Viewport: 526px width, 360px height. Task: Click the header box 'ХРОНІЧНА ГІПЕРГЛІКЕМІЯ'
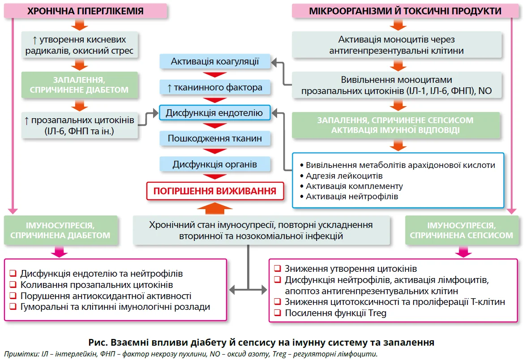coord(85,11)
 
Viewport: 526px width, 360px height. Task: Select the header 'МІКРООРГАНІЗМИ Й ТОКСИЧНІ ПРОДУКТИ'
coord(405,11)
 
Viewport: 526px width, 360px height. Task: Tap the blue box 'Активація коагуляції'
coord(215,61)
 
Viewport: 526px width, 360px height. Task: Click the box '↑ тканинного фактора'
coord(215,87)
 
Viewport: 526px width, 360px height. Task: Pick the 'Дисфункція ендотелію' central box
coord(215,113)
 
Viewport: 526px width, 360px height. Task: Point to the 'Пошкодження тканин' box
coord(215,138)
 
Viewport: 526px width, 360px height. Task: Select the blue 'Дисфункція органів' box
coord(215,164)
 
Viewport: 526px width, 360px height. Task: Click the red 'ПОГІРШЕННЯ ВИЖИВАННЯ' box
coord(215,191)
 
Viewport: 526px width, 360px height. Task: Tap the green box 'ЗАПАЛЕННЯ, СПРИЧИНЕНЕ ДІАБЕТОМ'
coord(78,85)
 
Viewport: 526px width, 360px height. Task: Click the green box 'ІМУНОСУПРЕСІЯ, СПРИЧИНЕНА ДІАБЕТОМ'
coord(60,230)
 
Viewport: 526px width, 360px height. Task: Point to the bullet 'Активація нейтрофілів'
coord(351,196)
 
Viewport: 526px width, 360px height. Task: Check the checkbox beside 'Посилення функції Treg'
coord(277,313)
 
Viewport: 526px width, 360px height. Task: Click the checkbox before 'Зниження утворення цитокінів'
coord(277,269)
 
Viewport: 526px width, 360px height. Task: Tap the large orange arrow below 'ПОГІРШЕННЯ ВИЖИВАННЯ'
coord(215,208)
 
